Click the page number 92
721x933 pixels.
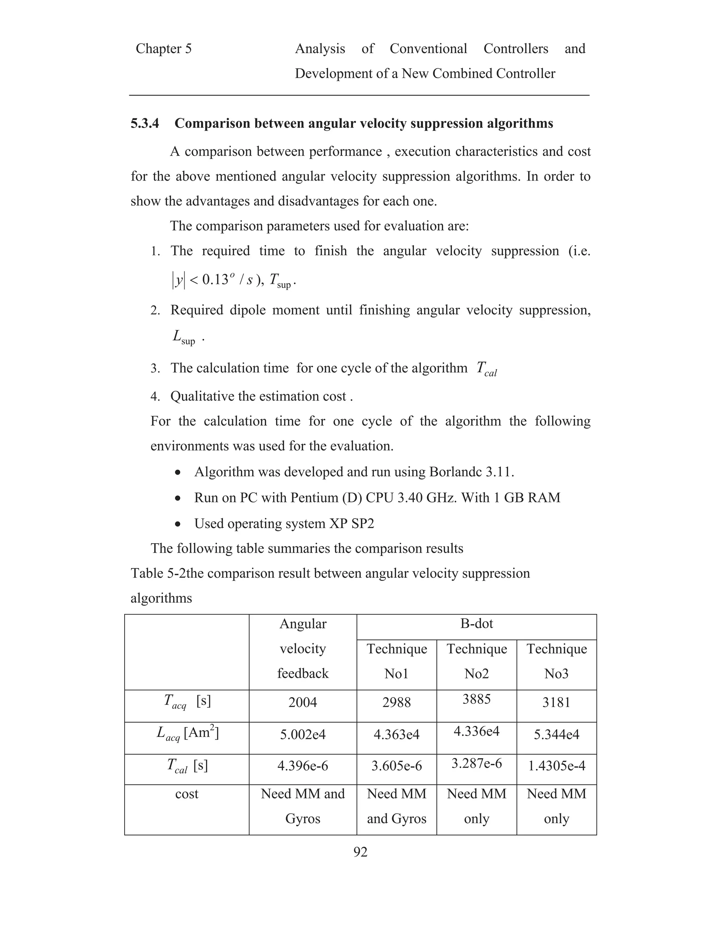pos(360,860)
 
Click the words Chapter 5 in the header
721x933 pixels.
pos(164,49)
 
